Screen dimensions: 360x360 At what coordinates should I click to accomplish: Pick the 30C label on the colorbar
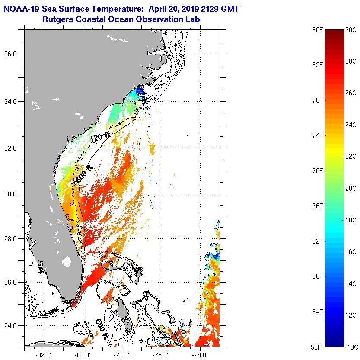351,30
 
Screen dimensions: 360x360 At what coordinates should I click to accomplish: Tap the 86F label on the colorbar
318,29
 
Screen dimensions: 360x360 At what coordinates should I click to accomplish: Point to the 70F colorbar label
318,170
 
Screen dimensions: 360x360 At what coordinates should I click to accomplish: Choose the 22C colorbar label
351,157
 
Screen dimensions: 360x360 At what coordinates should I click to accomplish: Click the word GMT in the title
229,9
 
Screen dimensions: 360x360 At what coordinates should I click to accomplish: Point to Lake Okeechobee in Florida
66,261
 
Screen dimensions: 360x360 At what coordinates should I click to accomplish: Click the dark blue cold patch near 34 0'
140,91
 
